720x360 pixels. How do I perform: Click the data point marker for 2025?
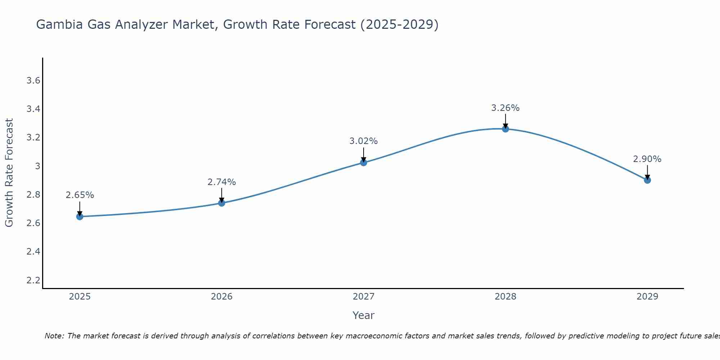(80, 216)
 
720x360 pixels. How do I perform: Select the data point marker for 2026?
(222, 203)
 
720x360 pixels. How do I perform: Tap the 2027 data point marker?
(364, 163)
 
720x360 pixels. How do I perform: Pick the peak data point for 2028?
(505, 129)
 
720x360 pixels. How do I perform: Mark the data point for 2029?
(647, 180)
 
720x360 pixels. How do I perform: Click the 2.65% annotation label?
(80, 195)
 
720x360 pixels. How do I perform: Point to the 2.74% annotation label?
(222, 182)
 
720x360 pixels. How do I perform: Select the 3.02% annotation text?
(364, 141)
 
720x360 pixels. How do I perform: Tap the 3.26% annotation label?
(505, 108)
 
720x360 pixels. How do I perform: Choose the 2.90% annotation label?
(647, 159)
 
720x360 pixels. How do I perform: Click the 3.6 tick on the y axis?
(33, 81)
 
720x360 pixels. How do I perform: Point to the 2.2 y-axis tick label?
(33, 280)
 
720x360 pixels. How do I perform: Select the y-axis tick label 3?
(37, 166)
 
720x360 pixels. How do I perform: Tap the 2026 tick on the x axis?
(222, 297)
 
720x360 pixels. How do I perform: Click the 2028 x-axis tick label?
(505, 297)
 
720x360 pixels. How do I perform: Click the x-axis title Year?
(364, 315)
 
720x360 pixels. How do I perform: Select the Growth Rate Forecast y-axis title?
(9, 173)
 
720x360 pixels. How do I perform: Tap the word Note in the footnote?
(54, 336)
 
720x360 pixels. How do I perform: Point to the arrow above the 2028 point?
(505, 121)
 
